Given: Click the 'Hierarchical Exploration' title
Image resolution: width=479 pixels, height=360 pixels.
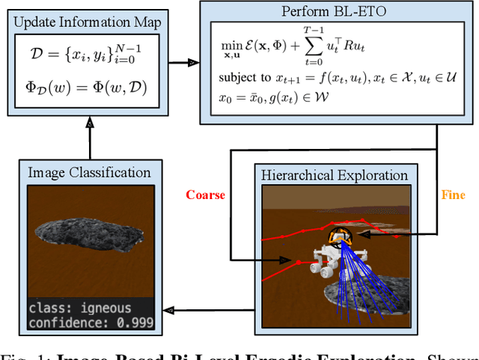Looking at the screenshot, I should pos(334,176).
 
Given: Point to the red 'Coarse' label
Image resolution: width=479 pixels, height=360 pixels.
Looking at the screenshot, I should pos(206,195).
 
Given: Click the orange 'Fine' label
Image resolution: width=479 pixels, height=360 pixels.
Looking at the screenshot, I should pos(453,195).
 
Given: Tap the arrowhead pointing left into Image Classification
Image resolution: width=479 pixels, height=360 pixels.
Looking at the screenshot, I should pos(171,308).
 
